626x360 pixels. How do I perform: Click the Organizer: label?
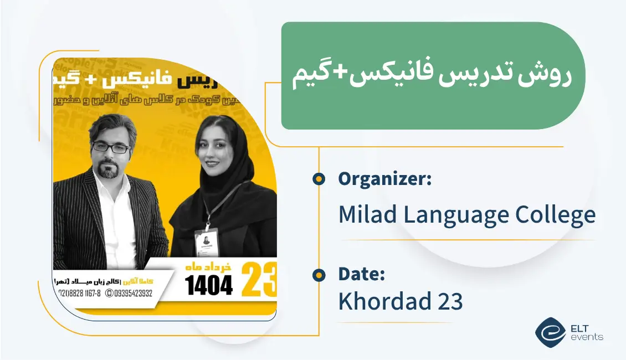[384, 179]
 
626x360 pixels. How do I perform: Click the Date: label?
[361, 274]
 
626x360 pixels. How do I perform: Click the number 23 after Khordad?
[449, 301]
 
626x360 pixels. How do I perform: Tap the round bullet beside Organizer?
[318, 179]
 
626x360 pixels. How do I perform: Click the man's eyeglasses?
[111, 147]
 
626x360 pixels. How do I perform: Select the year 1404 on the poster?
[209, 285]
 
